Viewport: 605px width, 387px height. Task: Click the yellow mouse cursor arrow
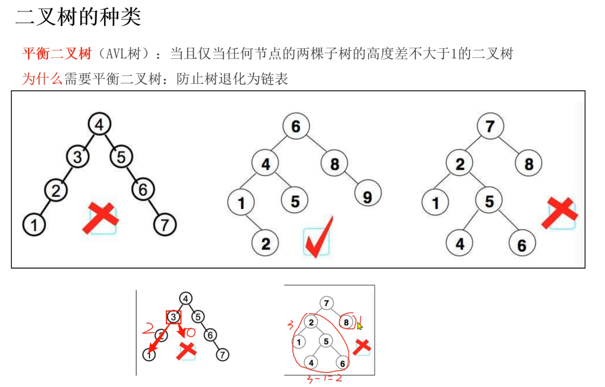(359, 326)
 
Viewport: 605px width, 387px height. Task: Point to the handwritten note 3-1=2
(324, 378)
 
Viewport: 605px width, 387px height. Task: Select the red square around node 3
(173, 317)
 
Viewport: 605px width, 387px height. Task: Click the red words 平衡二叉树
(57, 53)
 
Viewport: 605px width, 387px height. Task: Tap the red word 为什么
(42, 79)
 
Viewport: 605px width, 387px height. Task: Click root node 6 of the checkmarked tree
(296, 126)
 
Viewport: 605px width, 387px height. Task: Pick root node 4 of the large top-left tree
(99, 124)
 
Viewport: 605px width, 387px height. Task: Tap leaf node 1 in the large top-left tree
(34, 225)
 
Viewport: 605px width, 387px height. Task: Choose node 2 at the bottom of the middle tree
(265, 244)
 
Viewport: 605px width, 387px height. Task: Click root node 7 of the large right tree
(490, 126)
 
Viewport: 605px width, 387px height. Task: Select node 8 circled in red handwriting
(346, 322)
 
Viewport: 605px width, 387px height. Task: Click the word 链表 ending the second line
(274, 79)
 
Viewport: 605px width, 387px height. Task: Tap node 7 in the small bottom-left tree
(223, 355)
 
